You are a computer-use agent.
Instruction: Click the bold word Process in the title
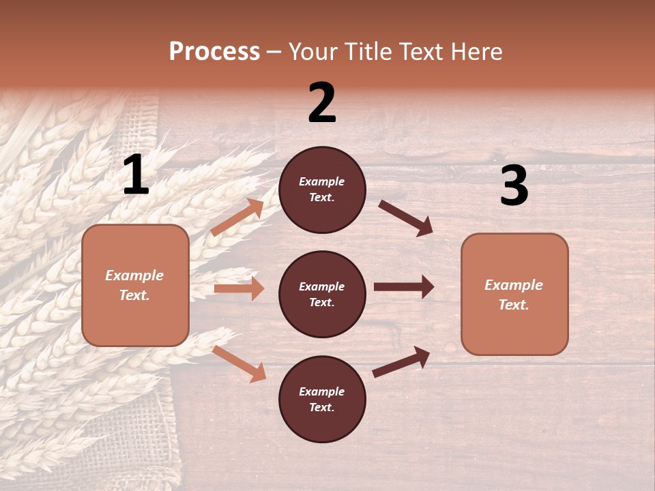coord(214,52)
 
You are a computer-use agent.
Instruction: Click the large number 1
coord(136,175)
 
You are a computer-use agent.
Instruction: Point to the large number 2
coord(322,103)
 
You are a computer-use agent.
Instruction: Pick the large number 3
coord(514,186)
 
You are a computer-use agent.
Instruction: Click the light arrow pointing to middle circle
coord(239,288)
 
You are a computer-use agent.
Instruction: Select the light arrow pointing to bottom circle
coord(239,363)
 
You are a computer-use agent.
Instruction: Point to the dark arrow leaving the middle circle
coord(404,287)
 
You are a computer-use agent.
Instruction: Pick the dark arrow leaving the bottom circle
coord(402,361)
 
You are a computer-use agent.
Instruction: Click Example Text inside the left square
coord(134,285)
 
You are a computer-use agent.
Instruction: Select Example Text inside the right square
coord(514,295)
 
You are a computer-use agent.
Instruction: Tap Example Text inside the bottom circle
coord(322,400)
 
